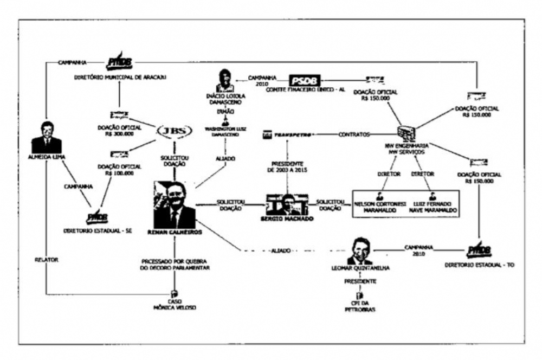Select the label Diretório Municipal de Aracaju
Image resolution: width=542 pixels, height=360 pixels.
point(120,77)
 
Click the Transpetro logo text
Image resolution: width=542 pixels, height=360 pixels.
point(292,133)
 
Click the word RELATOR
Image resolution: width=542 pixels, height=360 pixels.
point(47,260)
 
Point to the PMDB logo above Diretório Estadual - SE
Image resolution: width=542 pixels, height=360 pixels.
point(96,217)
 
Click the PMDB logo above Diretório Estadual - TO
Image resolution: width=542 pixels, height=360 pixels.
point(479,250)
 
